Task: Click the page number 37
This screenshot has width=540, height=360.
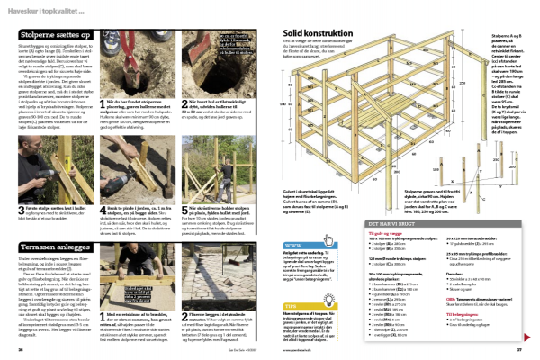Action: (x=517, y=351)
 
